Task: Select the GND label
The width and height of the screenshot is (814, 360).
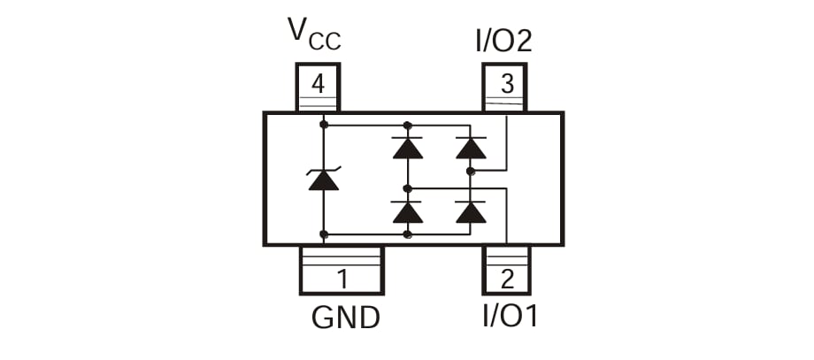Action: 345,317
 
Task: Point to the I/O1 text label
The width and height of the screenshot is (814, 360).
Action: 510,316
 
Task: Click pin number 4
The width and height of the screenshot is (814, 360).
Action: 317,85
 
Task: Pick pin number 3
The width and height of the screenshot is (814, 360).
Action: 506,85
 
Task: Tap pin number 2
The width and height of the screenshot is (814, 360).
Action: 506,280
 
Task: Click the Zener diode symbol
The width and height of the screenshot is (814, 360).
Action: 323,180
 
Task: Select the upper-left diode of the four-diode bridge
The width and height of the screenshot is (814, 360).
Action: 407,147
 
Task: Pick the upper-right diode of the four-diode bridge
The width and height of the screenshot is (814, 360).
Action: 471,147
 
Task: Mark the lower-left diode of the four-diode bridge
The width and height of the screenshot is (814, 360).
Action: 407,212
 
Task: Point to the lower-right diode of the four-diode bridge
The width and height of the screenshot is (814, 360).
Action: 471,212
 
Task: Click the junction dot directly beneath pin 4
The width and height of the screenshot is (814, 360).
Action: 323,125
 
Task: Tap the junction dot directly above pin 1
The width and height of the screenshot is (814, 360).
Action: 323,234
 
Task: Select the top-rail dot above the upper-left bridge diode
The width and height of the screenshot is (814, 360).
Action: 407,125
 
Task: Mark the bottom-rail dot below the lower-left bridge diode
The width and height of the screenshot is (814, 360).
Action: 407,234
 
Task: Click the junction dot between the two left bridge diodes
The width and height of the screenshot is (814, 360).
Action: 407,188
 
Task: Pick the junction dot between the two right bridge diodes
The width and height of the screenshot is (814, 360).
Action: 471,171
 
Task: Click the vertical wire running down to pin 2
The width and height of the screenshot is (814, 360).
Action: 505,217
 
